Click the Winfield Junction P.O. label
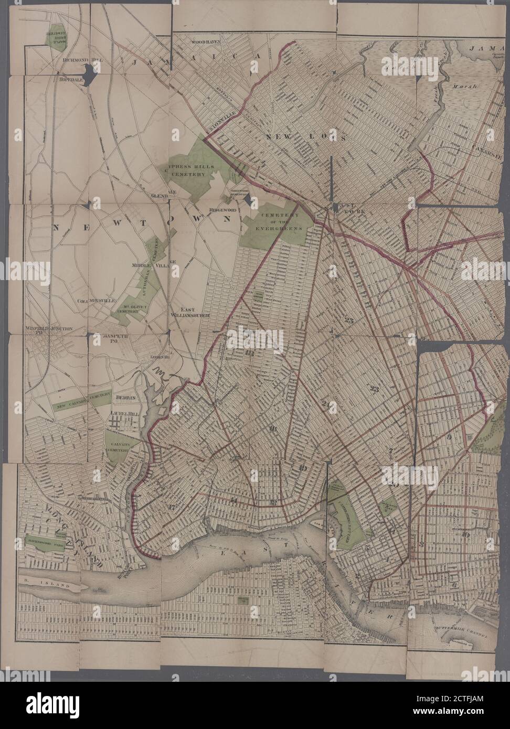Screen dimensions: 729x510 coord(48,331)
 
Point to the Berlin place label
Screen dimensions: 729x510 coord(126,398)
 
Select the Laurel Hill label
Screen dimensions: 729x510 coord(124,413)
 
